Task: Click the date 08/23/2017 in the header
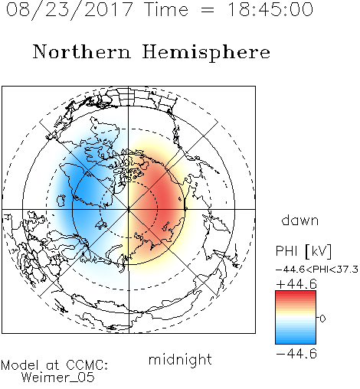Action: tap(70, 10)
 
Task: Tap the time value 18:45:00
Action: tap(270, 10)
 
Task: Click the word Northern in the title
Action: tap(82, 52)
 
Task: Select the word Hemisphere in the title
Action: tap(206, 53)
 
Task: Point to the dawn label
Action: tap(300, 220)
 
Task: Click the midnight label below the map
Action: tap(180, 359)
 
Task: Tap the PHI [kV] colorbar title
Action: tap(303, 251)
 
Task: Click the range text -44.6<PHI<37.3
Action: tap(317, 270)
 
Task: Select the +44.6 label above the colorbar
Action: tap(296, 284)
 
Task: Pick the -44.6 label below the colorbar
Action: tap(296, 354)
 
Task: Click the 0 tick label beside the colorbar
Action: tap(322, 319)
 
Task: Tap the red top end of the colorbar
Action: tap(296, 293)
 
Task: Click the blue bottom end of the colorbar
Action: tap(296, 342)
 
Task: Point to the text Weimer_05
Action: tap(58, 378)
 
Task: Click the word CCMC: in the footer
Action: tap(87, 365)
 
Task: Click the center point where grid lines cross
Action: tap(129, 209)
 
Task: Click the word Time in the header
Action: tap(166, 10)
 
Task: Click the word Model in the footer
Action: tap(21, 365)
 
